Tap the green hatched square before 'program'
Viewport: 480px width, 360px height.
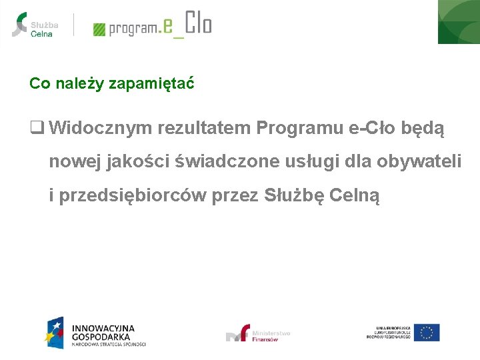click(99, 29)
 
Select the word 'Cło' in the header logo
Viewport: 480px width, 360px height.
click(198, 24)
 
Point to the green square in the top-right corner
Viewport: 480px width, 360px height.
click(459, 21)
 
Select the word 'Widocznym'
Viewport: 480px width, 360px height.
click(101, 127)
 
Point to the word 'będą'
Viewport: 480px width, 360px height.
click(423, 127)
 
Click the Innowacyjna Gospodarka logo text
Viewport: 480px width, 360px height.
click(103, 333)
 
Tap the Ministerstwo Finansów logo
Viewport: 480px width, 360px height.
click(259, 333)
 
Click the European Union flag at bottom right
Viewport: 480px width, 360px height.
click(426, 332)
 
